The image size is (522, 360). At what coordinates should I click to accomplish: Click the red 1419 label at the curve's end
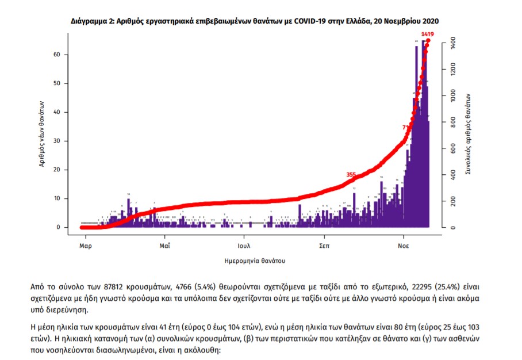[427, 35]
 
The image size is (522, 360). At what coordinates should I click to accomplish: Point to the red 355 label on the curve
[351, 174]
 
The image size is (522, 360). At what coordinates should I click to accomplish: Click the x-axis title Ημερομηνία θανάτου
[255, 261]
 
